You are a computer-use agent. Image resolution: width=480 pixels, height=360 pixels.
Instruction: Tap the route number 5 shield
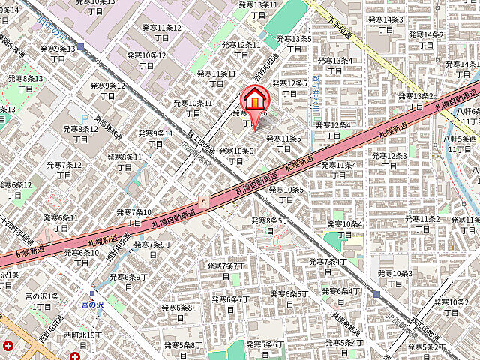pos(203,202)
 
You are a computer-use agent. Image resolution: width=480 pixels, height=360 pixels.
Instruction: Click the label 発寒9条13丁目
pos(57,54)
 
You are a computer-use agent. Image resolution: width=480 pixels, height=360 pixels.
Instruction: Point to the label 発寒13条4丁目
pos(334,65)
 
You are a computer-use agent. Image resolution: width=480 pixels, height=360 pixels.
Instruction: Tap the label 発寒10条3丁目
pos(395,278)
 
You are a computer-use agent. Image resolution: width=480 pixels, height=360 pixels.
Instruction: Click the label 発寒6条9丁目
pos(129,282)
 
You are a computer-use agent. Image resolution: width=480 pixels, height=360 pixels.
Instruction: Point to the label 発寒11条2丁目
pos(421,223)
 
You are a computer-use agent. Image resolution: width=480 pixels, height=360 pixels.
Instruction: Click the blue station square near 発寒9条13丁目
pos(80,46)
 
